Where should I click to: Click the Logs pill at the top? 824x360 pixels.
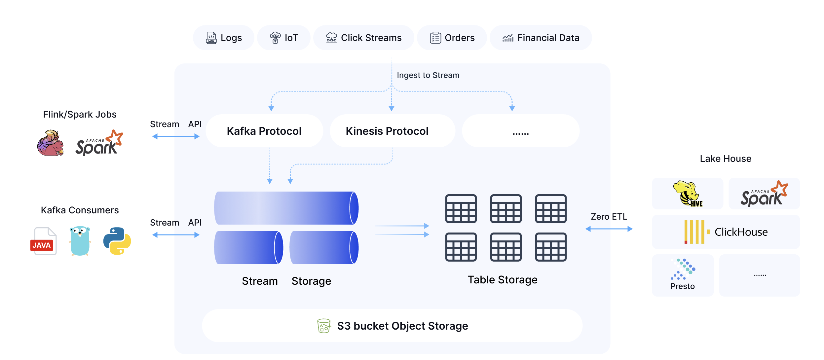(224, 38)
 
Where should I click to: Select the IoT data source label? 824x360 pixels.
(284, 38)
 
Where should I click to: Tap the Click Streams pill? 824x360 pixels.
(363, 38)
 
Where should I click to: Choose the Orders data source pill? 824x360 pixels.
(452, 38)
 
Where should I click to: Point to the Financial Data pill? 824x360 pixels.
(541, 38)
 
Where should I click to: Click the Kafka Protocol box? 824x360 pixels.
(264, 131)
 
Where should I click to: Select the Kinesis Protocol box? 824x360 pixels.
(387, 131)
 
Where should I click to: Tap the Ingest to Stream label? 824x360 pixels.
(428, 75)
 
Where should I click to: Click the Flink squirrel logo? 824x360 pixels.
(50, 143)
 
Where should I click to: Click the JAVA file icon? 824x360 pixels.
(43, 241)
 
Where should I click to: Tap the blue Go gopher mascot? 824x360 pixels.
(80, 241)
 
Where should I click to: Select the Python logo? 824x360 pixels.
(117, 241)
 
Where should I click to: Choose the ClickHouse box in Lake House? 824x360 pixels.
(726, 232)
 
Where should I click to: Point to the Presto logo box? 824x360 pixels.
(683, 275)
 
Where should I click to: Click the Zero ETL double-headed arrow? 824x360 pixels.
(609, 229)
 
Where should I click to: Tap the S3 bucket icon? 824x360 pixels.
(324, 326)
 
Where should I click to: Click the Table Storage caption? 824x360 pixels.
(502, 280)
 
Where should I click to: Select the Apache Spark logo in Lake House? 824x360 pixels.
(764, 194)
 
